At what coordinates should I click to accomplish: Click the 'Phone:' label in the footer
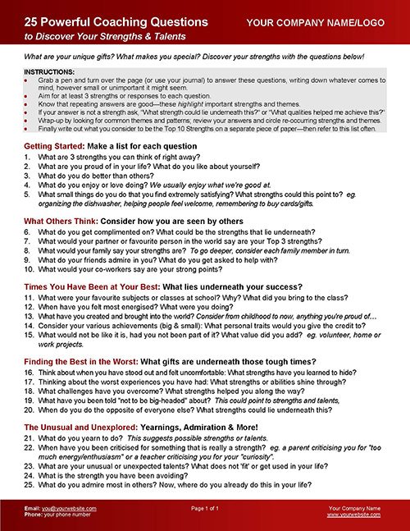[34, 516]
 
